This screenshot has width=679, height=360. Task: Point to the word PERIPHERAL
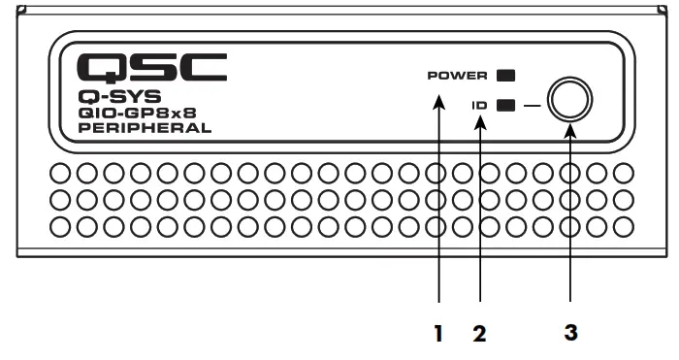coord(145,127)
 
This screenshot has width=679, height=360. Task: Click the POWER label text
coord(457,75)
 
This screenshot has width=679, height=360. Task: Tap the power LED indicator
coord(505,75)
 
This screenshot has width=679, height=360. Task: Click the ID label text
coord(480,105)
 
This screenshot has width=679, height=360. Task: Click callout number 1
coord(438,334)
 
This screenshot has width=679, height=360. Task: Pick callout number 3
coord(571,333)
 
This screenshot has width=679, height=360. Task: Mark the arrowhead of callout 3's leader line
coord(570,128)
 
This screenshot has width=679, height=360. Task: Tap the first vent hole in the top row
coord(61,175)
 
